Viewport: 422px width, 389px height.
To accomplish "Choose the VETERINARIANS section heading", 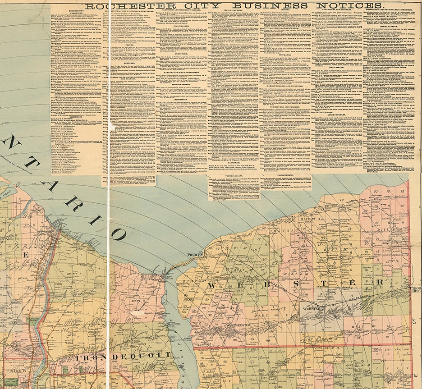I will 234,177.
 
